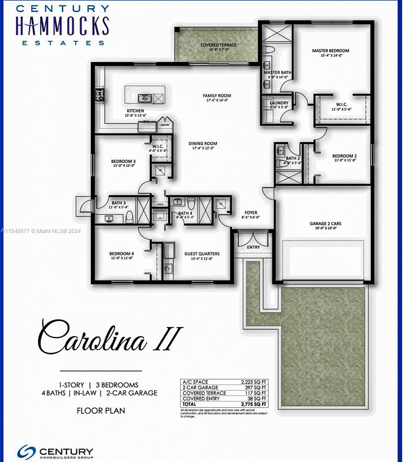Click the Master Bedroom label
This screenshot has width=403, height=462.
pyautogui.click(x=330, y=50)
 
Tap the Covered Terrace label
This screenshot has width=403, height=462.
pyautogui.click(x=218, y=45)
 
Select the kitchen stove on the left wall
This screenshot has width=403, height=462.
pyautogui.click(x=100, y=95)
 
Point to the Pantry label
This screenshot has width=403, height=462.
pyautogui.click(x=165, y=125)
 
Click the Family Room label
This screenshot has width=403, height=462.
pyautogui.click(x=217, y=95)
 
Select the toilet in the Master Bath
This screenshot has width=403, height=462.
pyautogui.click(x=268, y=50)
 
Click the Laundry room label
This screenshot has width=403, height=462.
pyautogui.click(x=279, y=103)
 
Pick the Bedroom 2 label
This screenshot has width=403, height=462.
pyautogui.click(x=344, y=156)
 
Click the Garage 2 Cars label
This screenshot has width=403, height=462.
pyautogui.click(x=325, y=223)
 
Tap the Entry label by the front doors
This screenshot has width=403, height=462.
pyautogui.click(x=253, y=247)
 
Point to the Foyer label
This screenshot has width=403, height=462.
pyautogui.click(x=251, y=213)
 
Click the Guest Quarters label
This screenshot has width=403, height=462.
pyautogui.click(x=202, y=254)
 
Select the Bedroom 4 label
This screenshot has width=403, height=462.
pyautogui.click(x=121, y=254)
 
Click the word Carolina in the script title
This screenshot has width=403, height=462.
pyautogui.click(x=92, y=339)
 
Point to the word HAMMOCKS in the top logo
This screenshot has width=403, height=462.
pyautogui.click(x=62, y=26)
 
